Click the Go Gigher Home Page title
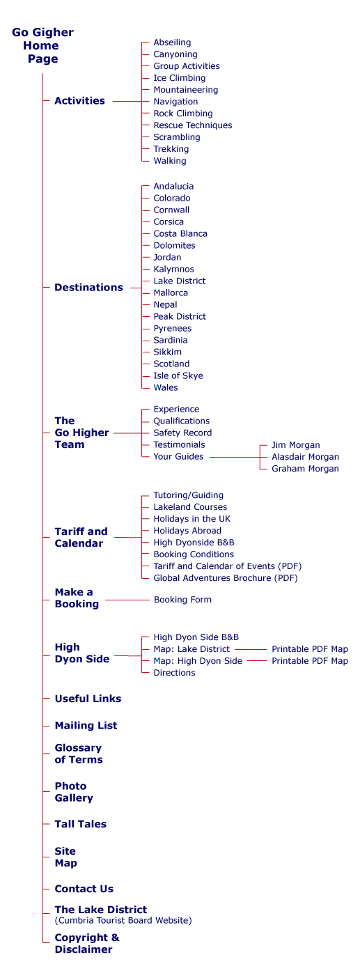[43, 45]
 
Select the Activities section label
[79, 101]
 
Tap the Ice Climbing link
[180, 78]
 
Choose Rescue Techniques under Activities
[192, 125]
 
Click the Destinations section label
[89, 288]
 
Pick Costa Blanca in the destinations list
[180, 233]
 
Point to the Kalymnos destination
[173, 270]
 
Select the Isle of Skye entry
[178, 376]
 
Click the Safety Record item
[182, 433]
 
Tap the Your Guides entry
[178, 457]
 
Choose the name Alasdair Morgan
[305, 457]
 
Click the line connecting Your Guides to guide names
[235, 457]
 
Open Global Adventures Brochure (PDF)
[226, 578]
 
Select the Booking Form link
[183, 600]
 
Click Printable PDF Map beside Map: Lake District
[310, 649]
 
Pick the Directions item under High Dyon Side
[175, 673]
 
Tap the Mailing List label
[86, 726]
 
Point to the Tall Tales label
[81, 824]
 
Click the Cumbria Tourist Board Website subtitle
[123, 921]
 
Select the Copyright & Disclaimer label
[87, 944]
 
